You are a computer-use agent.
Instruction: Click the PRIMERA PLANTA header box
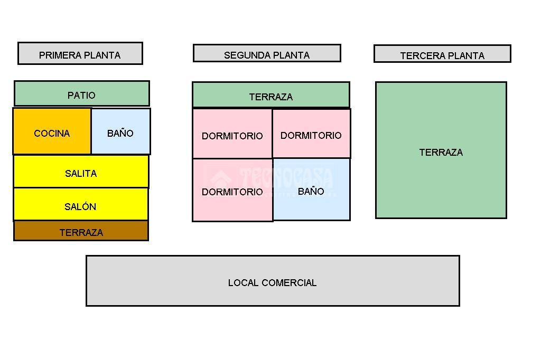pyautogui.click(x=80, y=53)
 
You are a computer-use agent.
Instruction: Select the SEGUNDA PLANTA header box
pyautogui.click(x=267, y=53)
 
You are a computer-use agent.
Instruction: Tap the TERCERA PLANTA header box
pyautogui.click(x=442, y=54)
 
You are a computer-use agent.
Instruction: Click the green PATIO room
pyautogui.click(x=81, y=93)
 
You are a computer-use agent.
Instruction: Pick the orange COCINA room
pyautogui.click(x=52, y=131)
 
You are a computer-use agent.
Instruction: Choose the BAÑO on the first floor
pyautogui.click(x=120, y=131)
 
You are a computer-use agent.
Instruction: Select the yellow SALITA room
pyautogui.click(x=81, y=172)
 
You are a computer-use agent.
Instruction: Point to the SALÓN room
pyautogui.click(x=80, y=204)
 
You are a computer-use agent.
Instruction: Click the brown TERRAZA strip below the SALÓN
pyautogui.click(x=81, y=231)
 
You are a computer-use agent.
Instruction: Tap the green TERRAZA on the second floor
pyautogui.click(x=270, y=95)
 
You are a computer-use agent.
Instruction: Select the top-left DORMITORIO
pyautogui.click(x=232, y=134)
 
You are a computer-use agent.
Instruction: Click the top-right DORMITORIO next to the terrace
pyautogui.click(x=311, y=134)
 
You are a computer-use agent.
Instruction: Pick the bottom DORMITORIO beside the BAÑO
pyautogui.click(x=232, y=190)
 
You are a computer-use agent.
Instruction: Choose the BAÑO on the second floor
pyautogui.click(x=311, y=190)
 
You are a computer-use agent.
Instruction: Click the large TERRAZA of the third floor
pyautogui.click(x=441, y=150)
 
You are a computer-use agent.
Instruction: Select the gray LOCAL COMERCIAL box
pyautogui.click(x=273, y=281)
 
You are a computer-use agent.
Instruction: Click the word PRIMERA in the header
pyautogui.click(x=58, y=55)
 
